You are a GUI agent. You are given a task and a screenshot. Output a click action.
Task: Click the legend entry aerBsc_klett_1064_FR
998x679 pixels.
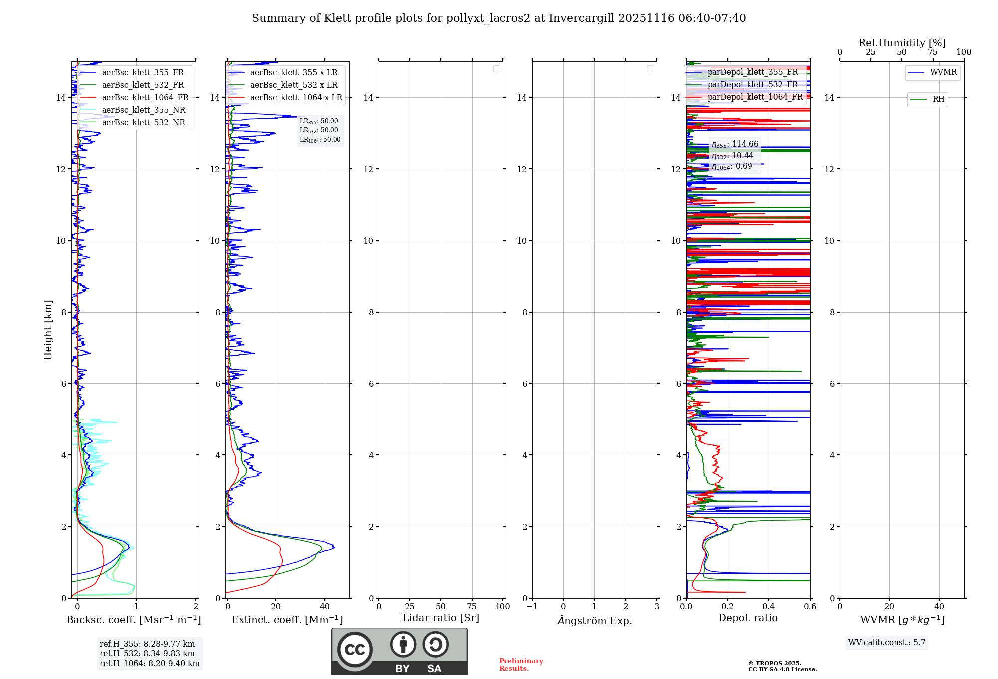click(x=145, y=98)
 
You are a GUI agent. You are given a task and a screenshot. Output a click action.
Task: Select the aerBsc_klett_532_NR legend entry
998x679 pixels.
click(x=143, y=123)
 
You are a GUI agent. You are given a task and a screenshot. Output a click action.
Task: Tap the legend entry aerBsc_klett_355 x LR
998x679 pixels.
click(x=293, y=73)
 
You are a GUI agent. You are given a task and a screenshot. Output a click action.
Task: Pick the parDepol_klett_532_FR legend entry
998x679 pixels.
click(x=752, y=85)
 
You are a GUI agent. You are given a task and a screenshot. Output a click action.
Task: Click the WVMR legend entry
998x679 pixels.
click(x=943, y=72)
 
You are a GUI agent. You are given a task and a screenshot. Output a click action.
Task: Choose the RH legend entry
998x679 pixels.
click(x=938, y=99)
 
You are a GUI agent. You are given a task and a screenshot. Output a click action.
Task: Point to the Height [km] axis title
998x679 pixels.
click(x=48, y=330)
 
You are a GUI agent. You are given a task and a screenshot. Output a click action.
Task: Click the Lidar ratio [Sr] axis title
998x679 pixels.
click(x=441, y=618)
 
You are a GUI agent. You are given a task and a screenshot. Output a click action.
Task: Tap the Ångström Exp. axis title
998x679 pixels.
click(x=594, y=620)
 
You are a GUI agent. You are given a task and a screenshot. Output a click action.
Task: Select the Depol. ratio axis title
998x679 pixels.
click(x=748, y=618)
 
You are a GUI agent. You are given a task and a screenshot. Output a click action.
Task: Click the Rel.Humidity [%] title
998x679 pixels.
click(x=902, y=43)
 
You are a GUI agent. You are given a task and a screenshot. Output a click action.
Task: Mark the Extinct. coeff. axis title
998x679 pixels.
click(x=287, y=620)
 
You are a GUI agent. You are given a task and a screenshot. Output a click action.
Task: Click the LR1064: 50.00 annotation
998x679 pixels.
click(x=320, y=140)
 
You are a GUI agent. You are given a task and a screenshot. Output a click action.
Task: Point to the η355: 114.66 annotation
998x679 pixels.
click(x=735, y=144)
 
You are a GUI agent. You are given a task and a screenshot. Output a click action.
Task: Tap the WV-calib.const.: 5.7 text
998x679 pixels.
click(x=887, y=643)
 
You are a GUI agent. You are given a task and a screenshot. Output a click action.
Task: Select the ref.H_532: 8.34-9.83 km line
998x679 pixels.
click(x=147, y=654)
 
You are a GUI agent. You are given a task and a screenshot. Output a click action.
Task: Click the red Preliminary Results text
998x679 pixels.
click(x=521, y=665)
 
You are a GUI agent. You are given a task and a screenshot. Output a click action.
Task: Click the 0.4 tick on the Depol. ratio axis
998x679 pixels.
click(x=769, y=607)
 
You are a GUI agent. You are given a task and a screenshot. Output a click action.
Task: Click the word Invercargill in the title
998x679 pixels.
click(x=582, y=18)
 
